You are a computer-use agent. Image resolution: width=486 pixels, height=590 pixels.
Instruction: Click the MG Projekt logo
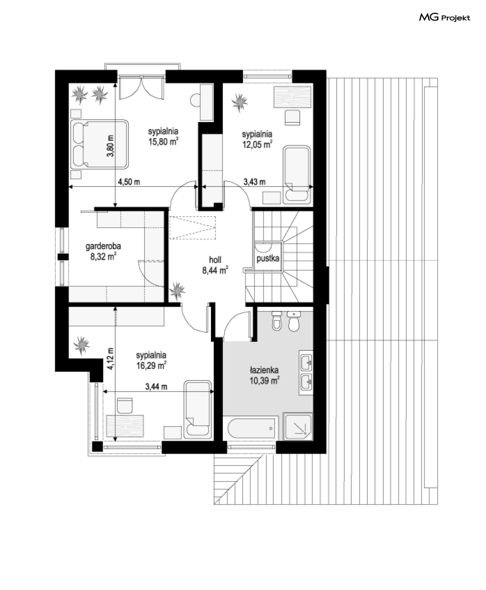tap(444, 18)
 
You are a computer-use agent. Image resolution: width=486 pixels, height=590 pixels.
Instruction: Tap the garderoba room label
tap(103, 246)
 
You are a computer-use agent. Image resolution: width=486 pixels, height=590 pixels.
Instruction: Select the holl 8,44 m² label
tap(215, 265)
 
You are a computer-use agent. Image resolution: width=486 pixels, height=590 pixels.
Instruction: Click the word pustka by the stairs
tap(268, 258)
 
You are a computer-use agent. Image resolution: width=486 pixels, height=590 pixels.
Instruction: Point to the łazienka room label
tap(264, 370)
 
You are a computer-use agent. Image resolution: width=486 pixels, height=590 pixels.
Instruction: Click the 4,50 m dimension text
tap(129, 182)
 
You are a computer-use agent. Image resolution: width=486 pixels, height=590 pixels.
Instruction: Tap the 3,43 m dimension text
tap(254, 182)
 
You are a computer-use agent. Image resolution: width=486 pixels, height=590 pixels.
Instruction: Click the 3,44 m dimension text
tap(156, 386)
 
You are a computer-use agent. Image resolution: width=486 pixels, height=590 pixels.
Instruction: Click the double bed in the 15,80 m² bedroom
tap(99, 144)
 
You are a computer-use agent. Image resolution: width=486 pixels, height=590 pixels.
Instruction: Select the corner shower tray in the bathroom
tap(298, 427)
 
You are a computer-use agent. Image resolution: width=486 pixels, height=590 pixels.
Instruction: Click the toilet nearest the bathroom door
tap(277, 320)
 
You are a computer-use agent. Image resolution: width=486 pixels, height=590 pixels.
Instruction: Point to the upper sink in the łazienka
tap(306, 363)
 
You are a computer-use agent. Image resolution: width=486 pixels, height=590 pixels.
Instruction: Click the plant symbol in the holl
tap(177, 291)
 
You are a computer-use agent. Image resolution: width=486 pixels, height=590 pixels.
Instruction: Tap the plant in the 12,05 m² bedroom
tap(240, 102)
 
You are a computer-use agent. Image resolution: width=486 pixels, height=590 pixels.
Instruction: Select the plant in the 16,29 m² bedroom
tap(82, 345)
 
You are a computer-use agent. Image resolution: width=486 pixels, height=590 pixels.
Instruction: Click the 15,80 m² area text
tap(164, 141)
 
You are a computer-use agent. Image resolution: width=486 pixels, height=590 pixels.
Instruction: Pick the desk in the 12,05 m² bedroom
tap(293, 97)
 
